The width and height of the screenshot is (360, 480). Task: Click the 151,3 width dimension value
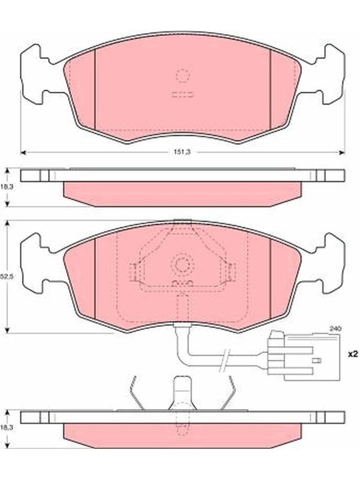(x=182, y=152)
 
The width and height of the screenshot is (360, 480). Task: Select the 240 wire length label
(x=335, y=329)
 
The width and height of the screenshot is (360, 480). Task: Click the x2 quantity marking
(x=353, y=354)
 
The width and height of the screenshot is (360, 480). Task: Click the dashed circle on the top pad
(x=182, y=76)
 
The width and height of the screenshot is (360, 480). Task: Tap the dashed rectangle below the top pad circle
(x=182, y=95)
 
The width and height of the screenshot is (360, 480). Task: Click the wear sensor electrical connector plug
(x=304, y=356)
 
